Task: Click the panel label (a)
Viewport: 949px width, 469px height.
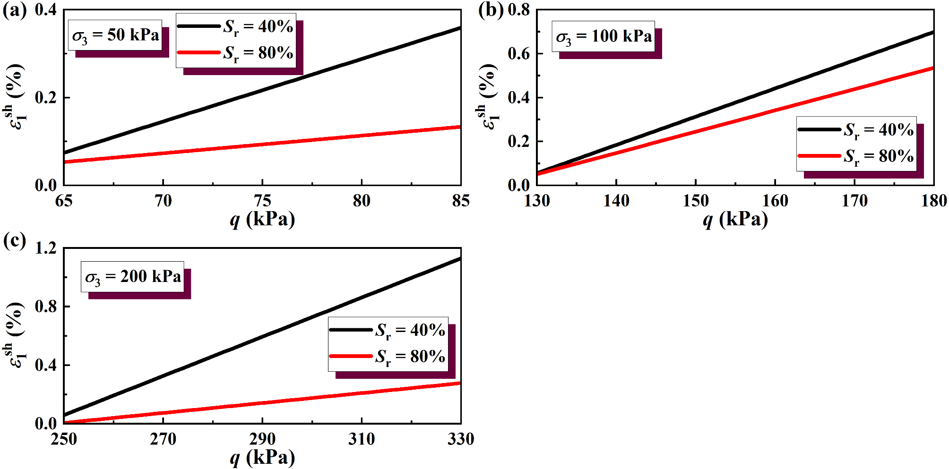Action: point(15,10)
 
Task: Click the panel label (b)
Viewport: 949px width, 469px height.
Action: point(491,10)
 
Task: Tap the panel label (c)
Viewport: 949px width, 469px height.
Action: point(15,241)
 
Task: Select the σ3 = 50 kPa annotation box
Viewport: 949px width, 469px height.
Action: point(115,35)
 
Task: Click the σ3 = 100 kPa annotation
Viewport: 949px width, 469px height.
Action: point(604,36)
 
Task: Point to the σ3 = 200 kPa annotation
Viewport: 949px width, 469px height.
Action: point(133,277)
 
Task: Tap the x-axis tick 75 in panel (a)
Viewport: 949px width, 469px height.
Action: point(262,201)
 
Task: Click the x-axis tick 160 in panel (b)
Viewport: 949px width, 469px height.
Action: point(775,201)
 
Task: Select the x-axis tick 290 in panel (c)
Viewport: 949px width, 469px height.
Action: point(262,439)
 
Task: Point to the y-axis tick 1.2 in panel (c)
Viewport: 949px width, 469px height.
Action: point(45,248)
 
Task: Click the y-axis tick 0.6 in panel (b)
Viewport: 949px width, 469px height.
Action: point(518,54)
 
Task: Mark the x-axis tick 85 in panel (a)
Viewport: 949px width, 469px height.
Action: point(461,201)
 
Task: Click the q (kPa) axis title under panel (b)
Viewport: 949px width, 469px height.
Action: point(735,220)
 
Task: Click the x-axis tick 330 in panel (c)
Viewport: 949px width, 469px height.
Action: point(461,439)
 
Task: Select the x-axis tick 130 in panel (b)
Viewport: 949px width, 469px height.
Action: point(537,201)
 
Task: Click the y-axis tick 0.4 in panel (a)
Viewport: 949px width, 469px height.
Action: point(45,10)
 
